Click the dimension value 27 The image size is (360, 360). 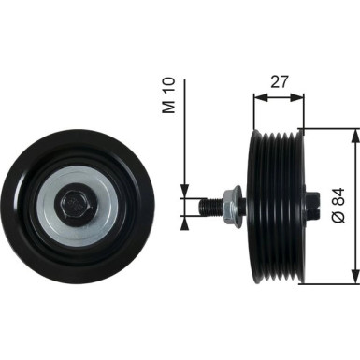point(279,81)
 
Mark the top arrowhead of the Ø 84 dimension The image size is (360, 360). point(353,135)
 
